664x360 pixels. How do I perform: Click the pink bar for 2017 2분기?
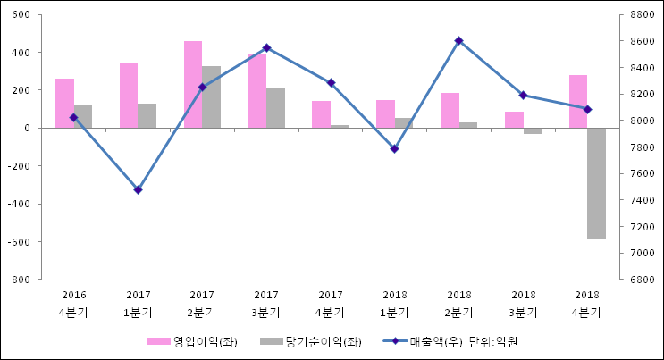tap(193, 85)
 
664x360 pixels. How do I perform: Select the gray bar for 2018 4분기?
tap(597, 183)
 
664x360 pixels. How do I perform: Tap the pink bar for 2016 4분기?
tap(64, 104)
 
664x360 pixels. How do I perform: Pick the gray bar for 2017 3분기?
tap(275, 108)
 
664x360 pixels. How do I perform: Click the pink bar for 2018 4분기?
tap(578, 102)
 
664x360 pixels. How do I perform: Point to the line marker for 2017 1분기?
tap(138, 190)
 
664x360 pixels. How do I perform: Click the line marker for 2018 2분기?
tap(458, 40)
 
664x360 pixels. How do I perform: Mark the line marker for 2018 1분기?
tap(394, 148)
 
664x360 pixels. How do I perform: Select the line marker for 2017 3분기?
tap(266, 47)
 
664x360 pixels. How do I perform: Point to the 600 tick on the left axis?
tap(21, 15)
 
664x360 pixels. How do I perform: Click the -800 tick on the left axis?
tap(19, 280)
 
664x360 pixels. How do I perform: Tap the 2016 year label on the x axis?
tap(73, 295)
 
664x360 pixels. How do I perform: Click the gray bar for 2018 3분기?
tap(533, 131)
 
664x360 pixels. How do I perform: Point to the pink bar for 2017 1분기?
tap(129, 96)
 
